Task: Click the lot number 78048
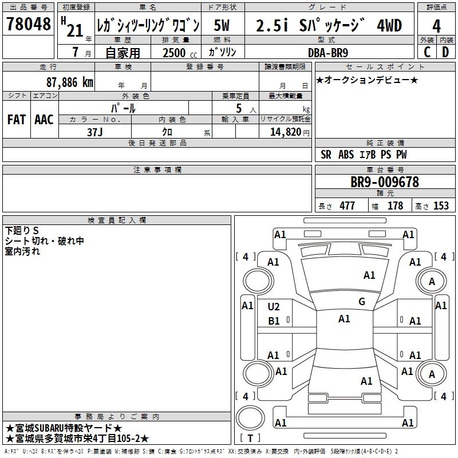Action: coord(28,25)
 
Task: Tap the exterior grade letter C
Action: coord(427,52)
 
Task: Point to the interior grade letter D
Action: coord(445,52)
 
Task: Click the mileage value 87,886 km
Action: coord(67,82)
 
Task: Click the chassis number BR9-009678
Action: coord(385,182)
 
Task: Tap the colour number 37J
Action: coord(95,131)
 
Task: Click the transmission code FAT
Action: coord(17,120)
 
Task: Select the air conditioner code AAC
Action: coord(44,120)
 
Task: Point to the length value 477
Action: coord(346,206)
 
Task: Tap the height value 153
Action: coord(441,206)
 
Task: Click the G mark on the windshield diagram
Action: coord(361,302)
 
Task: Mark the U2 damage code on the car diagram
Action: coord(274,307)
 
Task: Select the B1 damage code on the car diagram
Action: coord(274,321)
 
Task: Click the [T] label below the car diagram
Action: coord(250,439)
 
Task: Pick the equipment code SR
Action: coord(326,155)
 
